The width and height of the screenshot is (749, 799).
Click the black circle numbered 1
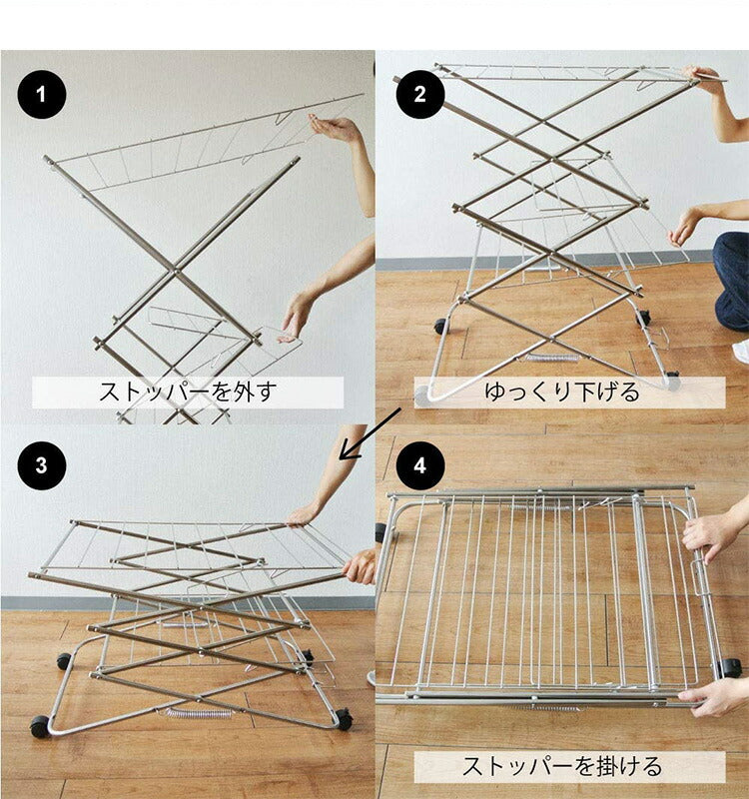(42, 97)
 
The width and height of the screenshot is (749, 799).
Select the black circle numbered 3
(42, 466)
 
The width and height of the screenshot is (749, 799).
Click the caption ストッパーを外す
(188, 392)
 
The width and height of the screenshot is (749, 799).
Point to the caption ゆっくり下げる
(561, 392)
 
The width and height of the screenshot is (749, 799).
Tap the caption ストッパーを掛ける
(561, 767)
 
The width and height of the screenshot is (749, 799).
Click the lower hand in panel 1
(297, 318)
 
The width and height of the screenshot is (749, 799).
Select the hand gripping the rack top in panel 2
(707, 80)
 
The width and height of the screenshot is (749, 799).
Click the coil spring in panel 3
(199, 712)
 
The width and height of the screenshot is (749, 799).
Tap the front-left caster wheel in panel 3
(40, 726)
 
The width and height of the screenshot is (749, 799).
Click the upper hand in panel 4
(711, 534)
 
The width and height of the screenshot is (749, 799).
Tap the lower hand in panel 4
(713, 696)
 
